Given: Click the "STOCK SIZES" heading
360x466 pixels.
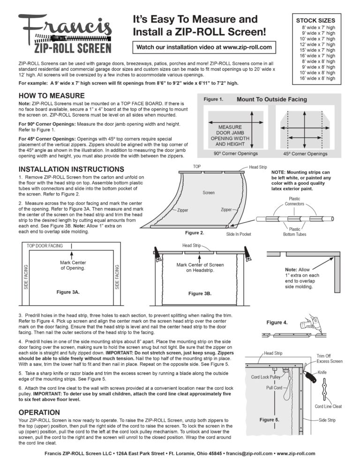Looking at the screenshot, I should [315, 21].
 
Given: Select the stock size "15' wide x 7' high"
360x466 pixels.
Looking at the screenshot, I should [315, 50].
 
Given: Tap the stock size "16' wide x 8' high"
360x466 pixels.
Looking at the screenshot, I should [315, 78].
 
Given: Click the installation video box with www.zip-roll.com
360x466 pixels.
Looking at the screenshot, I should [203, 47].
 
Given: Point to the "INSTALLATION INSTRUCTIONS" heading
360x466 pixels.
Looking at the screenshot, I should [71, 169].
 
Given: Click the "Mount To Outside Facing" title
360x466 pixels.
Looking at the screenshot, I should [271, 99].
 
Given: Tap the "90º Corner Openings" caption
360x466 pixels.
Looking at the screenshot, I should [235, 153].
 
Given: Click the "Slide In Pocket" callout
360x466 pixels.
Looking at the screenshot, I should [242, 233].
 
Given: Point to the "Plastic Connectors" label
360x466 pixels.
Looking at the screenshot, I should [294, 202].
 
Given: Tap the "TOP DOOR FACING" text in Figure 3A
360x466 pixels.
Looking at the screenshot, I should [45, 246].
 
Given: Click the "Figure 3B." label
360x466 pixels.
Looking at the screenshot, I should [200, 293].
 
